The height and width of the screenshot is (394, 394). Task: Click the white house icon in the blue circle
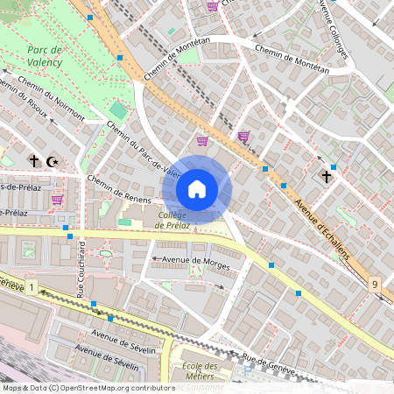(197, 189)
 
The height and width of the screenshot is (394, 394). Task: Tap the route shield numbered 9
(375, 285)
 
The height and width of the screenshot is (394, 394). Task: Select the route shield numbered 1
(32, 287)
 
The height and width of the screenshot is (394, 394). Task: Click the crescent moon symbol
(53, 161)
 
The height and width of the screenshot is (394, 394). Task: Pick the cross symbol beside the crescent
(35, 161)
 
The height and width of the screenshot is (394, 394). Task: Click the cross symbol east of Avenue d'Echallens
(327, 176)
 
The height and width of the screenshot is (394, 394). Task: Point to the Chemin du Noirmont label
(50, 101)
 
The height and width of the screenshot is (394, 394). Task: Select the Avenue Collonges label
(334, 26)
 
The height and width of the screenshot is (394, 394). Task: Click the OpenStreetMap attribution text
(88, 387)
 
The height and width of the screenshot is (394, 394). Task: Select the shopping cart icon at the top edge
(212, 5)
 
